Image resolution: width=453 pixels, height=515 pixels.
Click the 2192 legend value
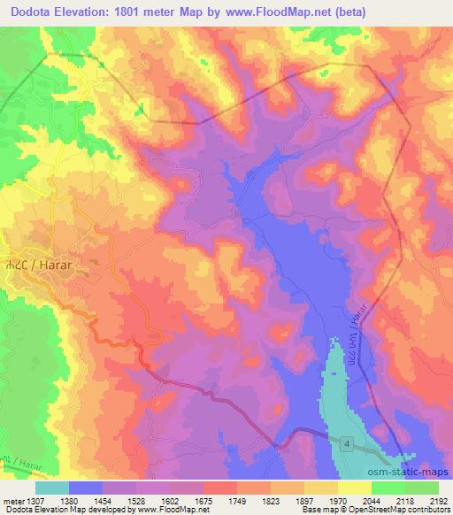(x=437, y=501)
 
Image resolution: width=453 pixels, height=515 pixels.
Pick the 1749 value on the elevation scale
(x=239, y=501)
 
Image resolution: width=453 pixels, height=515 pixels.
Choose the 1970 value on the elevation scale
(x=338, y=501)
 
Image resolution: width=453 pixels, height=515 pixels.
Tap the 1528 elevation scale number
(x=140, y=501)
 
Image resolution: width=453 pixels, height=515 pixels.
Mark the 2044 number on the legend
(x=371, y=501)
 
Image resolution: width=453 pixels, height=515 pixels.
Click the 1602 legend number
(x=173, y=501)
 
